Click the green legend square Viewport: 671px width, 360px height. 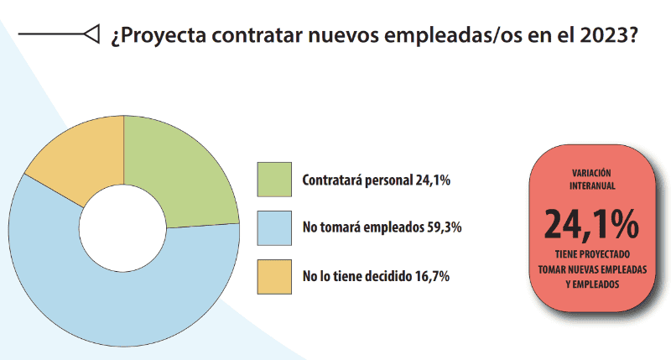click(x=274, y=180)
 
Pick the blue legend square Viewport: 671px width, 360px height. click(x=274, y=227)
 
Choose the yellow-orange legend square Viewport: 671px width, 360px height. click(x=274, y=276)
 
